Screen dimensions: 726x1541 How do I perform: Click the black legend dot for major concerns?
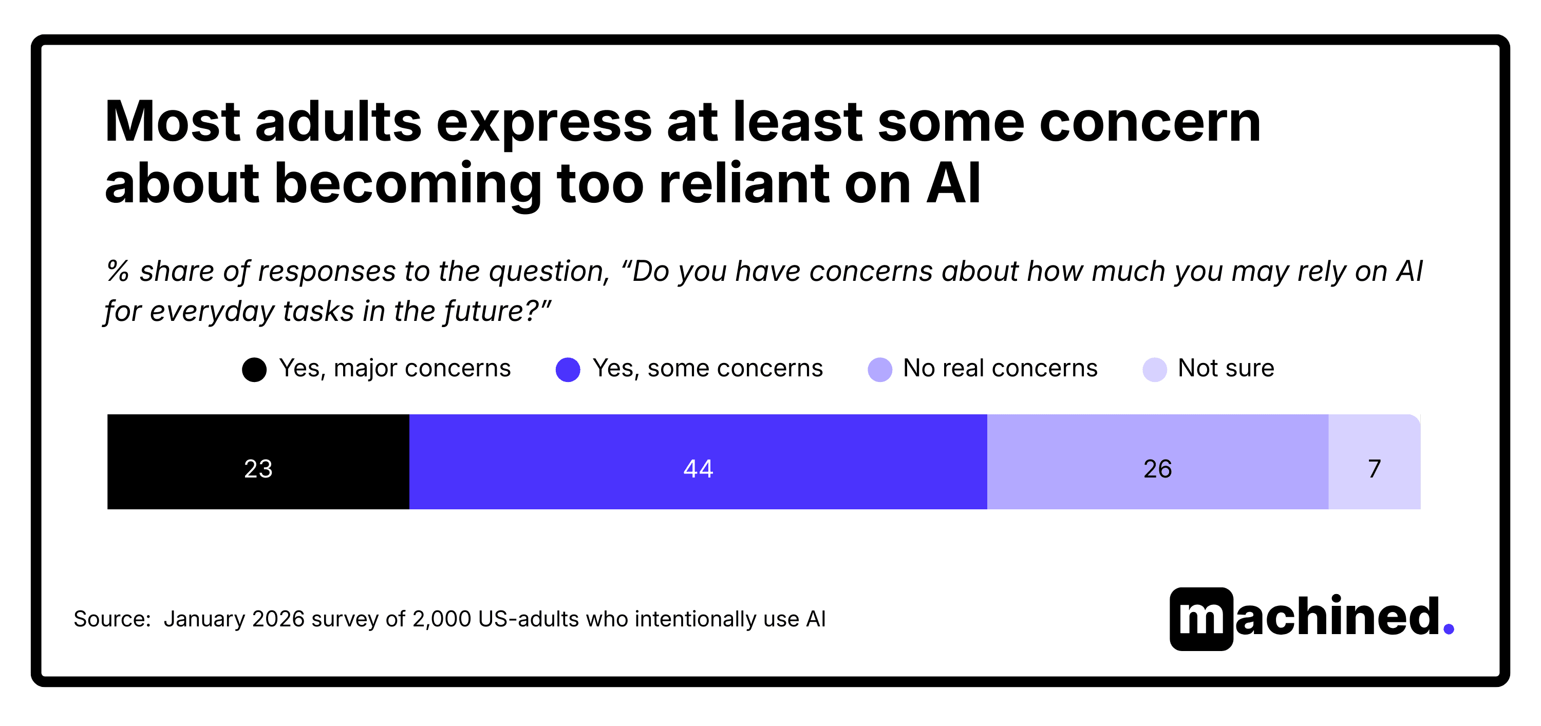click(254, 370)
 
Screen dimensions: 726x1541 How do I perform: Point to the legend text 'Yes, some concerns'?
click(707, 368)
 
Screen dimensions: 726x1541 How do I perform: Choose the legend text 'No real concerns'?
click(1000, 368)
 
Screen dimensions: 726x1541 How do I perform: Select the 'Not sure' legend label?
click(1225, 368)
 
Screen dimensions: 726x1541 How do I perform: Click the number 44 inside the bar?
click(698, 469)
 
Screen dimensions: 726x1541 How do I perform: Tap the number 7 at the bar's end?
click(1374, 469)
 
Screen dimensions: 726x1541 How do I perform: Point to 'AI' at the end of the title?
click(953, 184)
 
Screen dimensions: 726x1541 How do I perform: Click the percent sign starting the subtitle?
click(118, 271)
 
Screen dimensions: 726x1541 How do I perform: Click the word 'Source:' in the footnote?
click(112, 619)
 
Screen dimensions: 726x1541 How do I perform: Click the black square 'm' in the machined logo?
click(1201, 619)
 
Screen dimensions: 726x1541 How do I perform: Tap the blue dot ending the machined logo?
click(1448, 628)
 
